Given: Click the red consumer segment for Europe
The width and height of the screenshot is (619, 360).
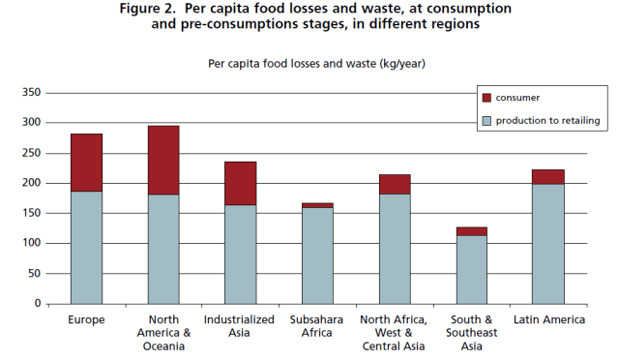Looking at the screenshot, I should [86, 162].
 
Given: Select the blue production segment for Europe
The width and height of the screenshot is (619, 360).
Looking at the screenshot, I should [86, 247].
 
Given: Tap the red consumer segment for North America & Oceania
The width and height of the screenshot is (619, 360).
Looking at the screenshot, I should [162, 160].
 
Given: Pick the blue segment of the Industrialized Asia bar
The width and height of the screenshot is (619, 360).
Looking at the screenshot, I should [240, 254].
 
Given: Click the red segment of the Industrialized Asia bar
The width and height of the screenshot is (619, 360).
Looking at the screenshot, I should [240, 183].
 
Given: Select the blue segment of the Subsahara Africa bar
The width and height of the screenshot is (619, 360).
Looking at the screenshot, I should [317, 255].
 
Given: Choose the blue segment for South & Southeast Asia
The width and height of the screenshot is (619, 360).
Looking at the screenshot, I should [471, 269].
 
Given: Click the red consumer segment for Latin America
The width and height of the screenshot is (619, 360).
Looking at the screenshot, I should [548, 176].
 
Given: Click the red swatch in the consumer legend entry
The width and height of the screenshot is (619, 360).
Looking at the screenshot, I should [486, 98].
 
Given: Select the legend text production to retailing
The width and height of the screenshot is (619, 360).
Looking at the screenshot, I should [548, 121].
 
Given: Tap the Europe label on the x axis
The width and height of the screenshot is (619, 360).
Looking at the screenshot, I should [86, 318].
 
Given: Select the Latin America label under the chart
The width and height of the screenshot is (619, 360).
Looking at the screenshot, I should [548, 318].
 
